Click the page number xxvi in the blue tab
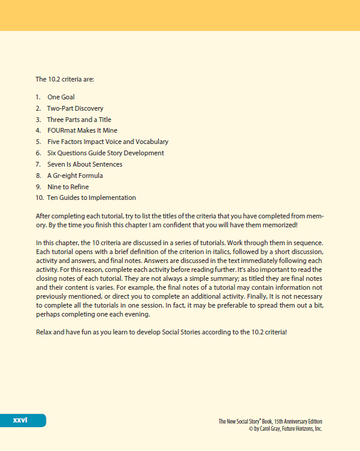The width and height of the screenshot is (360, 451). click(20, 421)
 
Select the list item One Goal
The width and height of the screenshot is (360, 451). click(61, 97)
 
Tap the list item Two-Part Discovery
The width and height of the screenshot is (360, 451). click(75, 108)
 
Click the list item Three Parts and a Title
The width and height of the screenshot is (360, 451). click(79, 120)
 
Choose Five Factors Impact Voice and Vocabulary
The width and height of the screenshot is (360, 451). click(108, 142)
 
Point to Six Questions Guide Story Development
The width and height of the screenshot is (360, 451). click(105, 153)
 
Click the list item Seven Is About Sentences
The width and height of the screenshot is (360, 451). click(84, 164)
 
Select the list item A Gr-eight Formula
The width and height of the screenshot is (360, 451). click(75, 176)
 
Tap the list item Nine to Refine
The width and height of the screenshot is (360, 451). click(68, 187)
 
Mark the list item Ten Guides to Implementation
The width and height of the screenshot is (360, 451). click(91, 198)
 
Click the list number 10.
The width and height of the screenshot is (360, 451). click(39, 198)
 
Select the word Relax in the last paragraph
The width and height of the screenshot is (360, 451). click(45, 331)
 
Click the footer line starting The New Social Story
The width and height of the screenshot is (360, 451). click(270, 421)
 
